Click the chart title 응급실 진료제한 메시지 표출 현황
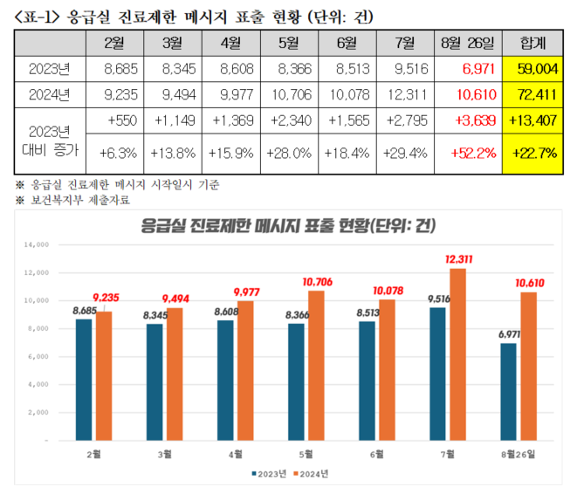(288, 225)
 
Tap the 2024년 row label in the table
(50, 92)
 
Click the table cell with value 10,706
(291, 92)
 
